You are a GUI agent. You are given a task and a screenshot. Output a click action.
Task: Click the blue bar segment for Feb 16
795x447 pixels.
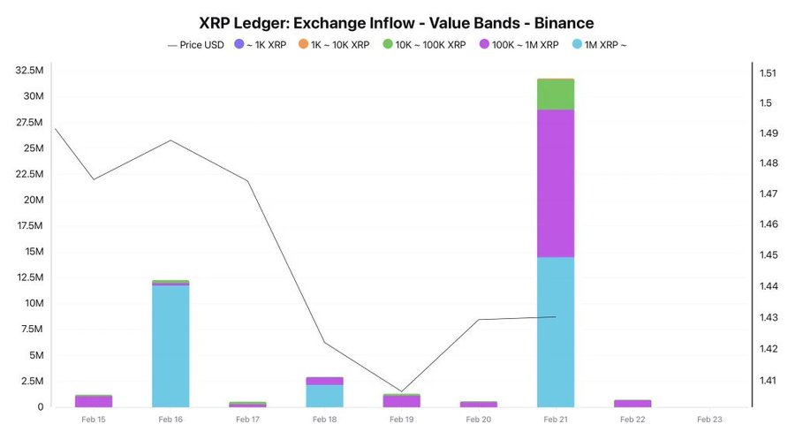tap(170, 345)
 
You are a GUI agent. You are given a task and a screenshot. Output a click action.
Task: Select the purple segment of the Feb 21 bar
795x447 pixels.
tap(556, 183)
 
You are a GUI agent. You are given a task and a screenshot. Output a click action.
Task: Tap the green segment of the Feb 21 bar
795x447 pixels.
tap(556, 95)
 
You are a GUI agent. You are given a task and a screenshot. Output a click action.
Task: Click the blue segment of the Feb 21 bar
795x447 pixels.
tap(556, 331)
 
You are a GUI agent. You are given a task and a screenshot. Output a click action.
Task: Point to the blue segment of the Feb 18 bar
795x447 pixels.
tap(325, 396)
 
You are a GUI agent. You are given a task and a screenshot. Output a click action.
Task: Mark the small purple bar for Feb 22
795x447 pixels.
tap(632, 403)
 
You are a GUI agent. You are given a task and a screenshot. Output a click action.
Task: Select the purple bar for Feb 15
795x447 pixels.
tap(94, 401)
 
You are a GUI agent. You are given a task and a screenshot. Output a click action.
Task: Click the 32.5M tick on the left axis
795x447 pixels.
tap(30, 70)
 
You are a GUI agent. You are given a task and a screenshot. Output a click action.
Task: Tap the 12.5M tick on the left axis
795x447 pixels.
tap(30, 277)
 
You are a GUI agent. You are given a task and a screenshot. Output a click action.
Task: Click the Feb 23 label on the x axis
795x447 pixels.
tap(709, 420)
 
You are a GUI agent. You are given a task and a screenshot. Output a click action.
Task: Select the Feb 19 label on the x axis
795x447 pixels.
tap(402, 420)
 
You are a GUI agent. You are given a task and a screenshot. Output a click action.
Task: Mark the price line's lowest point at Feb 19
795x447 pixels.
tap(402, 391)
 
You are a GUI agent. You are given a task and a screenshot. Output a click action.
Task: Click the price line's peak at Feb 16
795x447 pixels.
tap(170, 140)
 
